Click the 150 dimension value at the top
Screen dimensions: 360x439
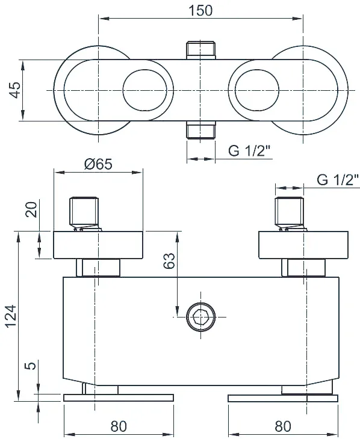[x=200, y=11]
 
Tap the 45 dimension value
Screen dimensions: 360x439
[x=15, y=90]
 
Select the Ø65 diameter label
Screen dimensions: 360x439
[x=98, y=164]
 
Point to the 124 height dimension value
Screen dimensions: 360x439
[x=11, y=316]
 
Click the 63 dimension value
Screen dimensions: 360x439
[x=169, y=260]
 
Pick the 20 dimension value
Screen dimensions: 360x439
[x=31, y=209]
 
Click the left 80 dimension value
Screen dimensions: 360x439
[x=119, y=426]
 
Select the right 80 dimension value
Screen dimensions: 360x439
[x=283, y=426]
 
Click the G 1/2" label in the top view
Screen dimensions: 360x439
[x=249, y=151]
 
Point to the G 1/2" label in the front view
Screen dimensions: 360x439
[x=338, y=180]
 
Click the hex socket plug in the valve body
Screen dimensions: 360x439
[x=201, y=317]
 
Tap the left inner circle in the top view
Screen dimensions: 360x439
[x=144, y=90]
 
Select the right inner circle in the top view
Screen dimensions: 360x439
[x=257, y=90]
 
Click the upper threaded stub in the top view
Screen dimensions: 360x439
[x=201, y=51]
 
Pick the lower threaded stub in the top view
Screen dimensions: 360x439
[x=201, y=130]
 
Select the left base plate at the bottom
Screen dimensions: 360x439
[x=119, y=398]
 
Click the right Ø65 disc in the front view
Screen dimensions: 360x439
[x=303, y=245]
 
